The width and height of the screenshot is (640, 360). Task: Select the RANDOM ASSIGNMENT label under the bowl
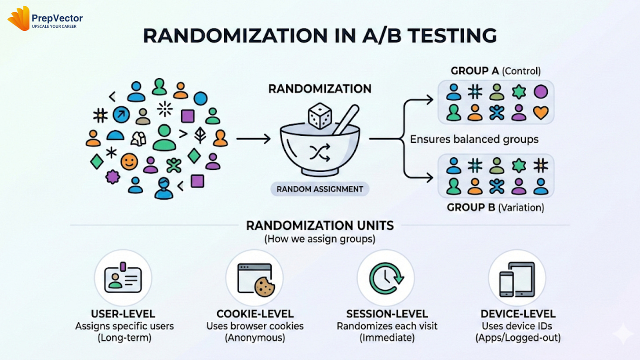[320, 189]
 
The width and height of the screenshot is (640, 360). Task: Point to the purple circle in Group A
[540, 92]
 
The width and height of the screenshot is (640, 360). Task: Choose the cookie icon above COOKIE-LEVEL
[265, 287]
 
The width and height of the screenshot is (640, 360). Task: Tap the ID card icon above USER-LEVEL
[123, 278]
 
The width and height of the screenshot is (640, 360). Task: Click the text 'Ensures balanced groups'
[474, 140]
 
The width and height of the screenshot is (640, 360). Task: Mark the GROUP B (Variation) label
[495, 207]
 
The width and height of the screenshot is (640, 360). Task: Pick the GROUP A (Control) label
[496, 70]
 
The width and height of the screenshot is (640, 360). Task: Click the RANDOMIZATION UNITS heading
[320, 225]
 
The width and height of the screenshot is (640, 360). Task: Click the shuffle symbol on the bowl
[320, 153]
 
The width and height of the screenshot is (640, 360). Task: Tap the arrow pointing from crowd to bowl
[253, 140]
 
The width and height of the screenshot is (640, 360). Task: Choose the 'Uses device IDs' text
[517, 327]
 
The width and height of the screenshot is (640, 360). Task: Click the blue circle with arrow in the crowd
[121, 115]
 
